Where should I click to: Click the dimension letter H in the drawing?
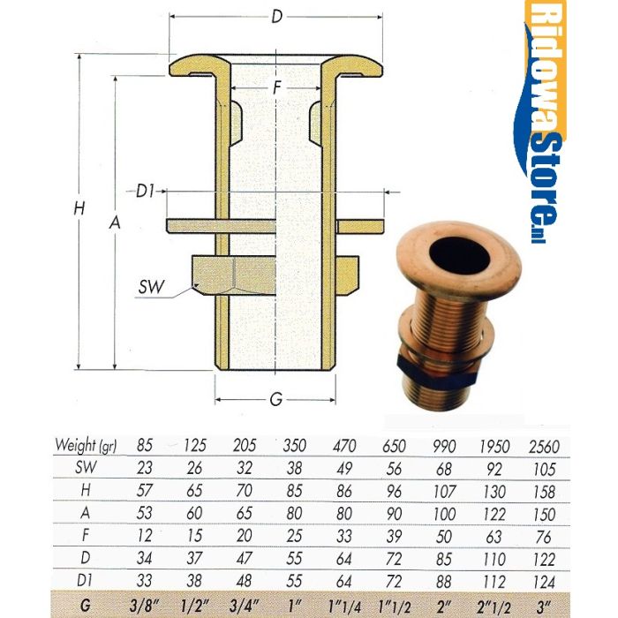point(80,209)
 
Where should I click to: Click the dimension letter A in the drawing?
point(114,224)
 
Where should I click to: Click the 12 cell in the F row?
point(145,534)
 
